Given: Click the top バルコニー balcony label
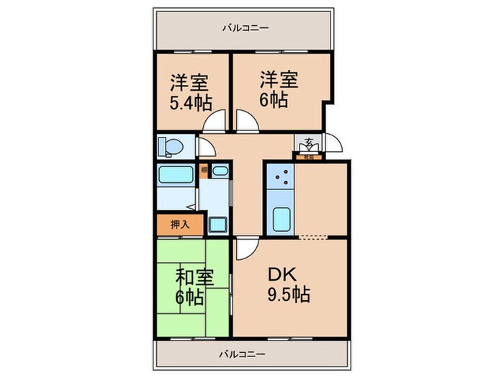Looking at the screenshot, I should pyautogui.click(x=246, y=29).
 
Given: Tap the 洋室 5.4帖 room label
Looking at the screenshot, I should pyautogui.click(x=189, y=90).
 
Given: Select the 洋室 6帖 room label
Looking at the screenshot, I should pyautogui.click(x=275, y=90).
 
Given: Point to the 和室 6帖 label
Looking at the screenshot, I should pyautogui.click(x=190, y=286).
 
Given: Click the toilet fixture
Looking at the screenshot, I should pyautogui.click(x=170, y=146).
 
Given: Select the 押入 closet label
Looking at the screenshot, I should pyautogui.click(x=180, y=225).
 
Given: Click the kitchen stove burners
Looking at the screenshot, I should pyautogui.click(x=281, y=178).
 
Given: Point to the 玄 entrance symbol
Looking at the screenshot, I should pyautogui.click(x=309, y=142).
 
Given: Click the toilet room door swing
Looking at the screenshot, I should pyautogui.click(x=207, y=147).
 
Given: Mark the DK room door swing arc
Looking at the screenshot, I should pyautogui.click(x=246, y=251).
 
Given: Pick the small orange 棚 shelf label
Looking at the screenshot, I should pyautogui.click(x=204, y=171).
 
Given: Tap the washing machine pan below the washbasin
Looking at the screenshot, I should pyautogui.click(x=217, y=223).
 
